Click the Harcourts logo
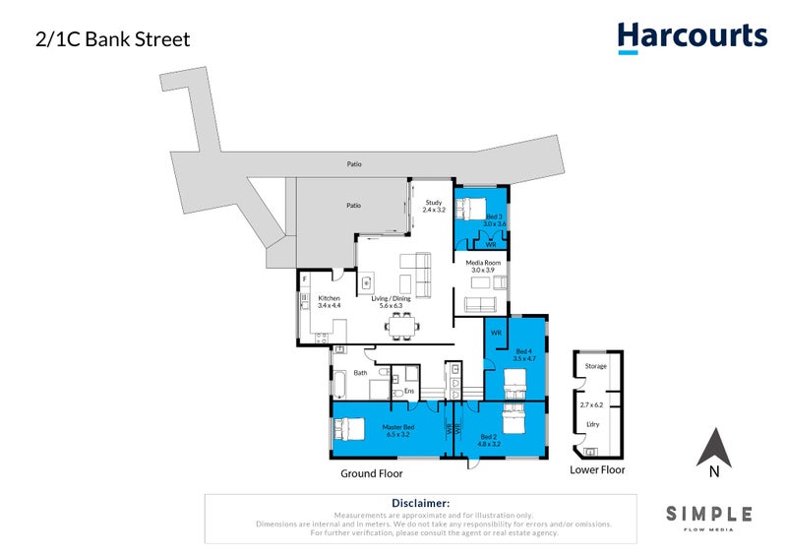tap(692, 37)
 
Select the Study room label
tap(434, 206)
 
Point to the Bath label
tap(360, 373)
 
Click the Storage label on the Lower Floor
tap(596, 366)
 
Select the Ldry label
tap(592, 425)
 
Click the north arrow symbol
tap(714, 449)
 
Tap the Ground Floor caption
tap(372, 473)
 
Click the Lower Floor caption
tap(597, 469)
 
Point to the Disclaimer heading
tap(420, 503)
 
